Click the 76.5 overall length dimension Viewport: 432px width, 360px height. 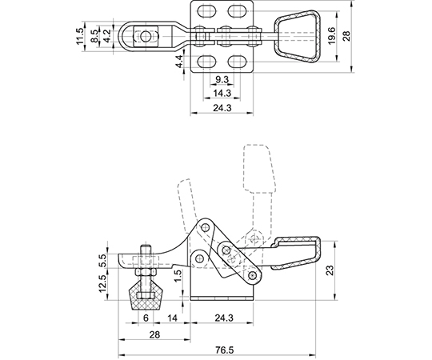coord(225,350)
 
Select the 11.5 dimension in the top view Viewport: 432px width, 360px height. coord(80,36)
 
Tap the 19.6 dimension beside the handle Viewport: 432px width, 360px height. coord(331,36)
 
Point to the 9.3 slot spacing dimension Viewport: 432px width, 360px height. coord(222,80)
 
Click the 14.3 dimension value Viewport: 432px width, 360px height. coord(222,93)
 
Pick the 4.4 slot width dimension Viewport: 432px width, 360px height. coord(179,61)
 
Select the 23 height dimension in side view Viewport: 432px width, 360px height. coord(331,270)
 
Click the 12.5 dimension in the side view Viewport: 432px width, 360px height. coord(103,284)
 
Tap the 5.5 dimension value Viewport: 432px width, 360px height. coord(103,260)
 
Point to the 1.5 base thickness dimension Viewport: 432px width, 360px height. coord(178,275)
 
